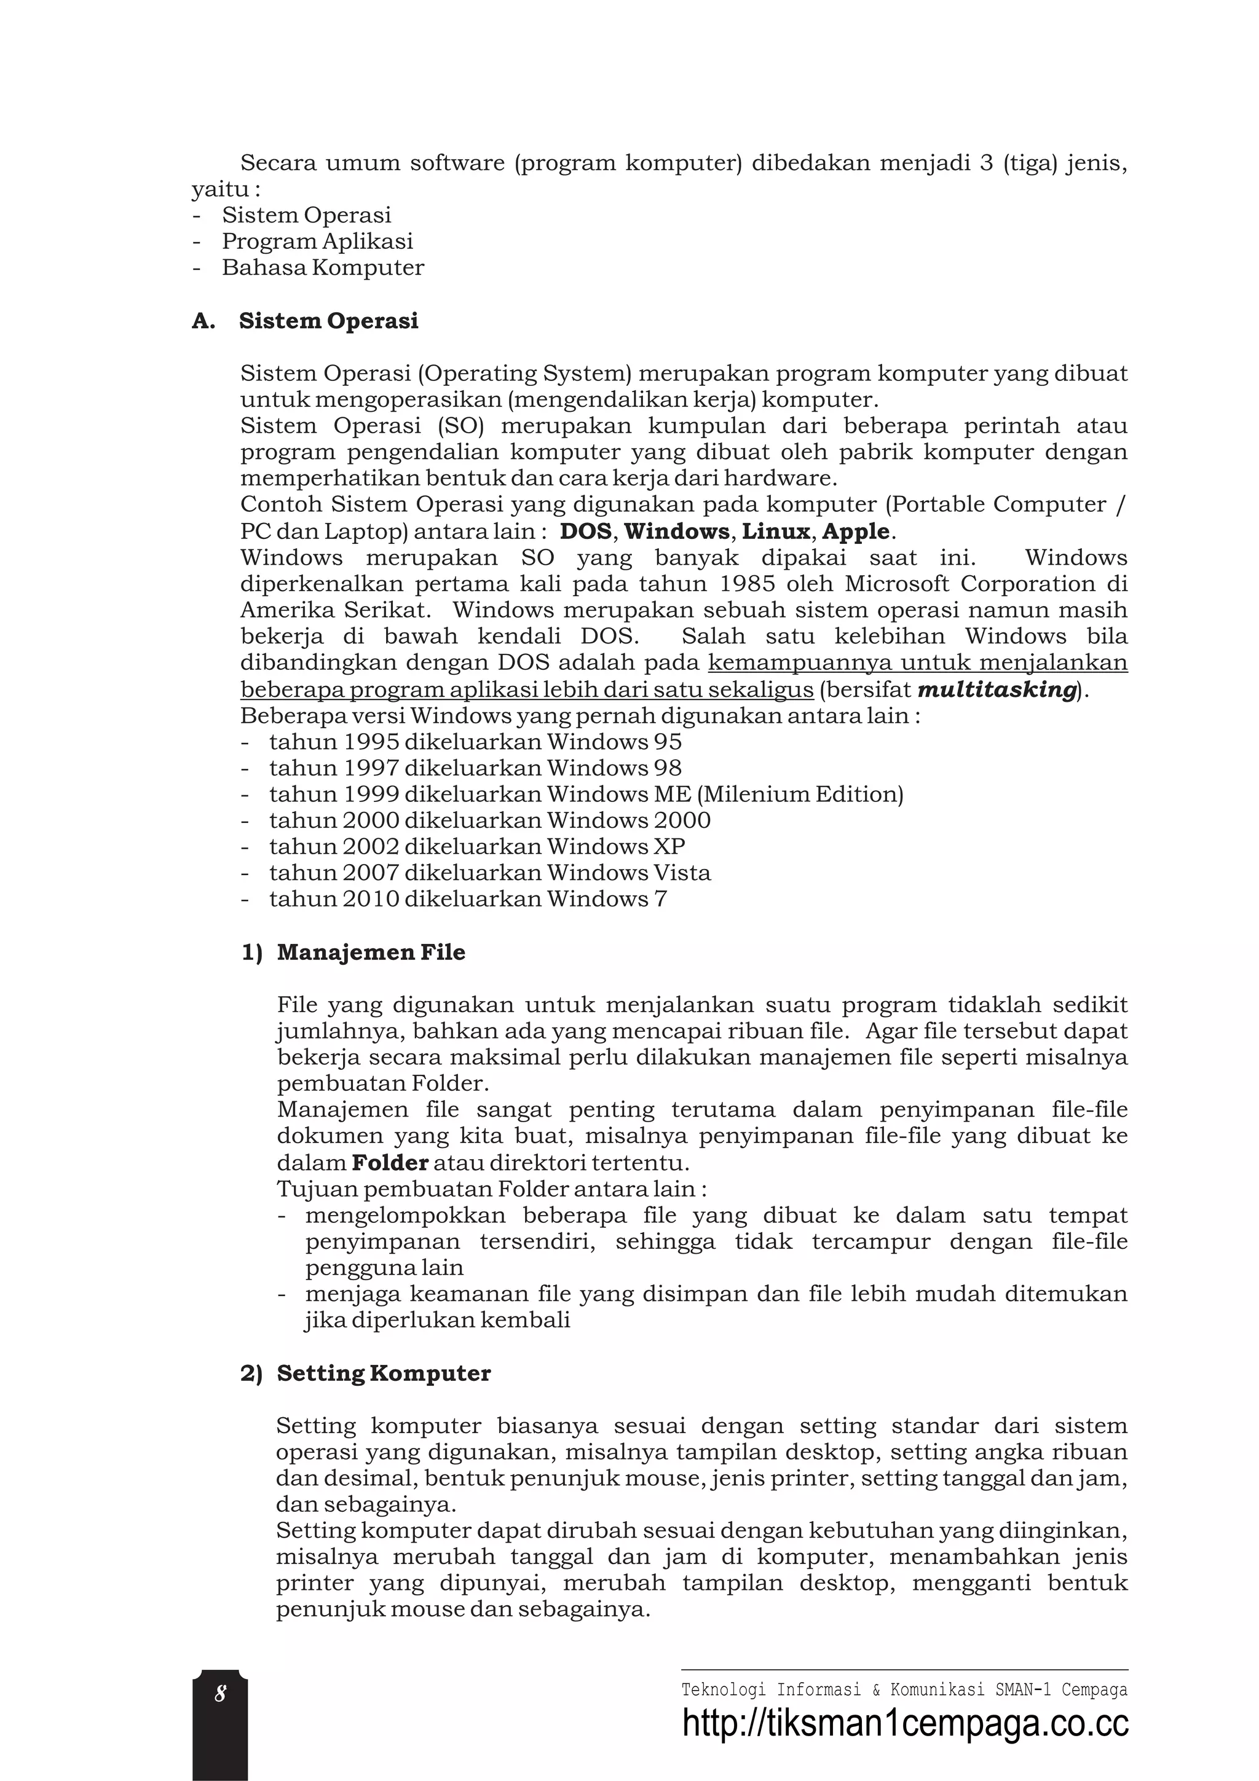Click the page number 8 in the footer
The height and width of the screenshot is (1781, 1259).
click(220, 1695)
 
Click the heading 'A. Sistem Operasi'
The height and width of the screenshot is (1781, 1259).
click(305, 321)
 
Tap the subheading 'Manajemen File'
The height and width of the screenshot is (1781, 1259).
click(371, 953)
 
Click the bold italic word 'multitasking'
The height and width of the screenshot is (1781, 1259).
click(997, 690)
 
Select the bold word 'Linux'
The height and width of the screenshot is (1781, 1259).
click(776, 532)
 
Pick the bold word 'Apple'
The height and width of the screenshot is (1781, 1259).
click(855, 532)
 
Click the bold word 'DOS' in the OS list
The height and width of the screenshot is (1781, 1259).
click(586, 532)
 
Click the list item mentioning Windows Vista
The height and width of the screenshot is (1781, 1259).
click(489, 873)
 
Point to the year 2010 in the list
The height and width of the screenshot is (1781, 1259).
click(371, 899)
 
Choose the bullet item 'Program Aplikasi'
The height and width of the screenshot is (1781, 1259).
click(317, 242)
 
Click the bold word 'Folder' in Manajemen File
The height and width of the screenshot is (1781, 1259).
click(389, 1162)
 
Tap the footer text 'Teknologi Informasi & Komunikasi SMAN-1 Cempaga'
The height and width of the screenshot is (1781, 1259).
click(904, 1689)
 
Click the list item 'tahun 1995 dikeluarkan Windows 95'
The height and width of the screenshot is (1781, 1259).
click(475, 742)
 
